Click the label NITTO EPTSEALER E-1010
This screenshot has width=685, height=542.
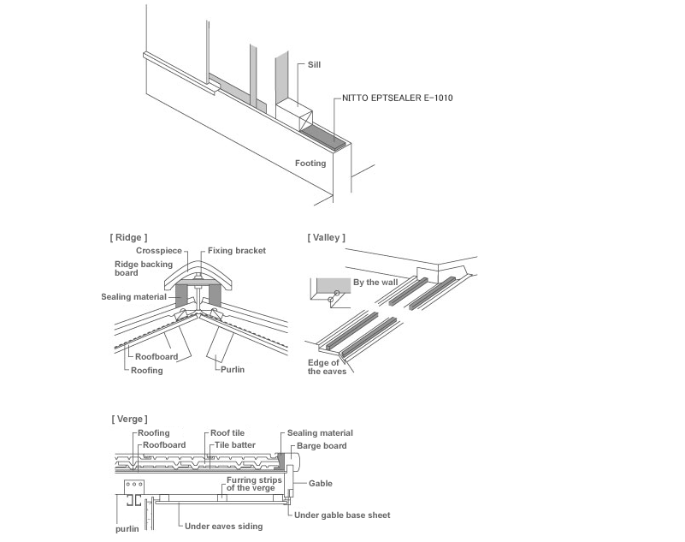pyautogui.click(x=397, y=98)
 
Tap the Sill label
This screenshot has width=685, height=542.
pyautogui.click(x=316, y=64)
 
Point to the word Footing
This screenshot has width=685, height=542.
pyautogui.click(x=310, y=163)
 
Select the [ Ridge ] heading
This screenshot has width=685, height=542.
pyautogui.click(x=129, y=236)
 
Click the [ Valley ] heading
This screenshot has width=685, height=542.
pyautogui.click(x=327, y=236)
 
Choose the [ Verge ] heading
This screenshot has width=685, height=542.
pyautogui.click(x=129, y=419)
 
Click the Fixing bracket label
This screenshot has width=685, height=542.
pyautogui.click(x=237, y=251)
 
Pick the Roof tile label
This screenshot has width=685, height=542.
pyautogui.click(x=227, y=433)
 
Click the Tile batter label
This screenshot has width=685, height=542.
pyautogui.click(x=233, y=445)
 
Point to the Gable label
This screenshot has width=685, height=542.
pyautogui.click(x=320, y=484)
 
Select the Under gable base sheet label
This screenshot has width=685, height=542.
pyautogui.click(x=341, y=515)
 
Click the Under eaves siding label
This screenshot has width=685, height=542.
pyautogui.click(x=224, y=526)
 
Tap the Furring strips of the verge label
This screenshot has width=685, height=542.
pyautogui.click(x=251, y=484)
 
